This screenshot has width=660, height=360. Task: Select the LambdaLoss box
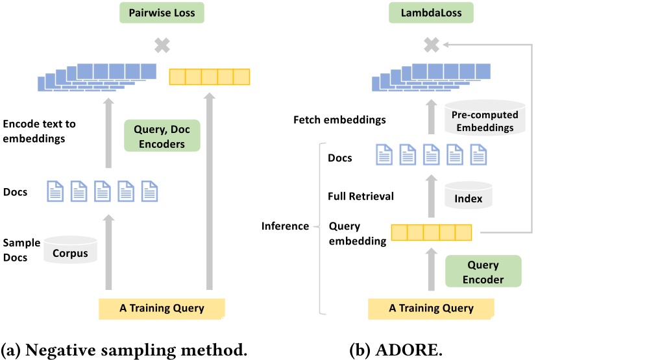point(430,12)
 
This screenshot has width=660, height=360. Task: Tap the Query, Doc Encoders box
point(162,136)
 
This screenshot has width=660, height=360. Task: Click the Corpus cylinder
point(70,252)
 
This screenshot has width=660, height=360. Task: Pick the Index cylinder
point(469,196)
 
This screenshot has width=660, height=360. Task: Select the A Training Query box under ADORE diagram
point(431,309)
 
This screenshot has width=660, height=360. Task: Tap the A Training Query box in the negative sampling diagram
point(162,308)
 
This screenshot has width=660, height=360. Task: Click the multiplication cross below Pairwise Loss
point(161,45)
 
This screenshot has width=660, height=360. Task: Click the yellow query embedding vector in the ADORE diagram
point(431,232)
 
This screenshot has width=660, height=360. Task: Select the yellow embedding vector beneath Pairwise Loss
point(209,77)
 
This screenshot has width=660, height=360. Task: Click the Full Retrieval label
point(361,195)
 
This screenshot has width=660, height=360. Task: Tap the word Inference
point(285,226)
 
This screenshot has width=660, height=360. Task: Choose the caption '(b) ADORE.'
point(396,350)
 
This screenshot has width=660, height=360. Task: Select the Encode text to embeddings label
point(39,131)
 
